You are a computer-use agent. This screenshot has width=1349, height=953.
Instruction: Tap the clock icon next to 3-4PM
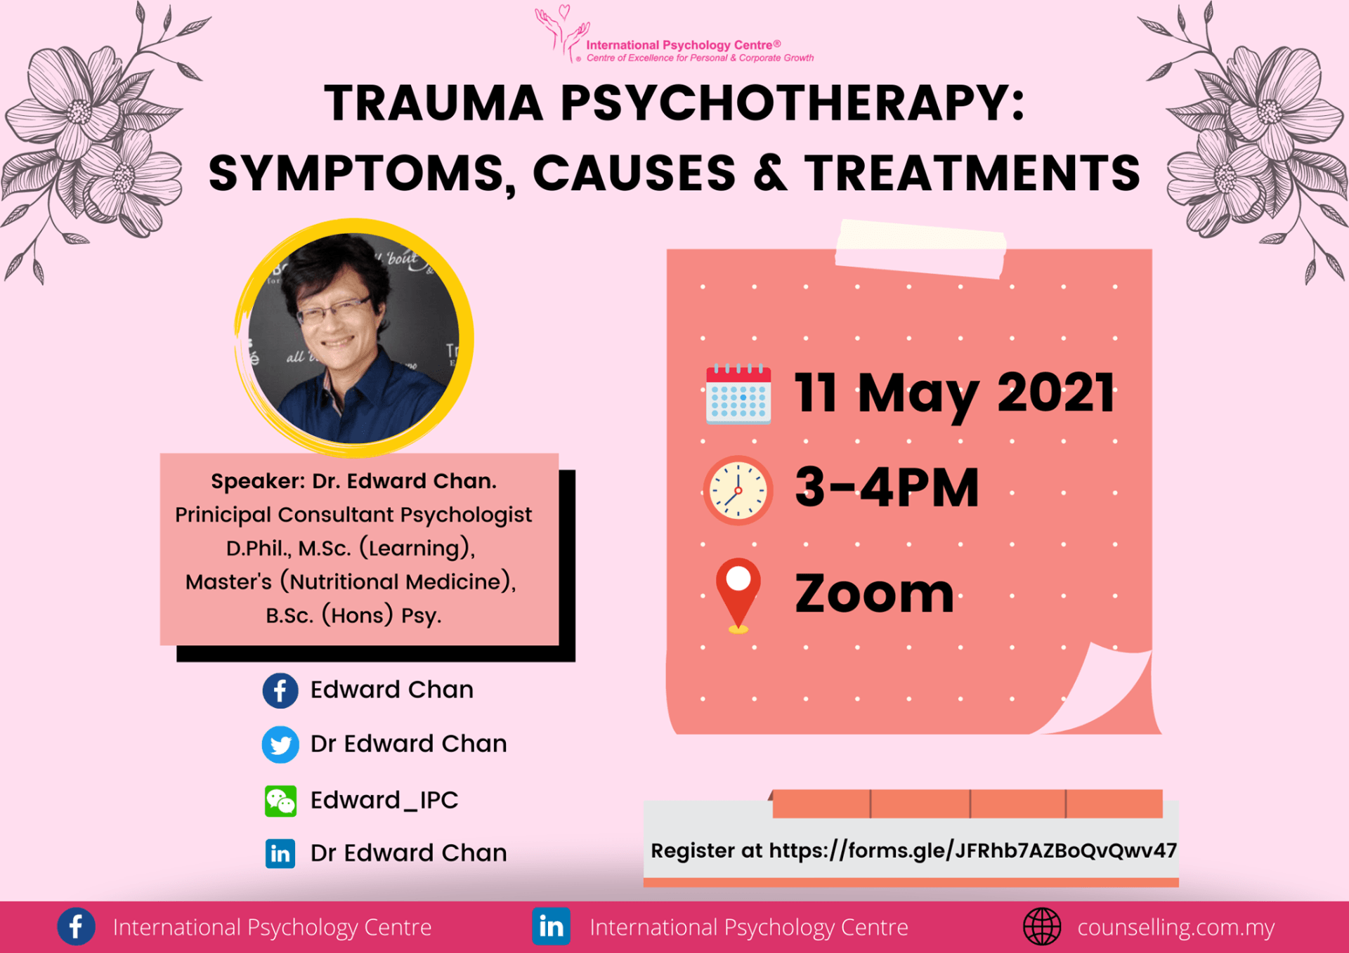pyautogui.click(x=738, y=490)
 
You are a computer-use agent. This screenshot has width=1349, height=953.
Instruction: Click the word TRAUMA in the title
pyautogui.click(x=434, y=104)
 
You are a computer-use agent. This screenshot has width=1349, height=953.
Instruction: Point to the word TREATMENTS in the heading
pyautogui.click(x=972, y=173)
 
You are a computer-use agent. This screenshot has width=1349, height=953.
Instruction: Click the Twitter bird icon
pyautogui.click(x=280, y=744)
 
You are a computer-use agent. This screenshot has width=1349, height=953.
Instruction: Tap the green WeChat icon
pyautogui.click(x=280, y=801)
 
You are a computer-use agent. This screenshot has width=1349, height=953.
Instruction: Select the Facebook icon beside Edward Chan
pyautogui.click(x=280, y=690)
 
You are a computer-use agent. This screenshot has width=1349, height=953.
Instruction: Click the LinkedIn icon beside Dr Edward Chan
pyautogui.click(x=280, y=853)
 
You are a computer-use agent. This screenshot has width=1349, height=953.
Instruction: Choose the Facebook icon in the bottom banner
pyautogui.click(x=76, y=926)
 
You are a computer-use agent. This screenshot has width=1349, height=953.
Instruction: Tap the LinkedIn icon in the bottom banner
pyautogui.click(x=551, y=926)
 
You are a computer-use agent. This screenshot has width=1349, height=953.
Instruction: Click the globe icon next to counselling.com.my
pyautogui.click(x=1042, y=926)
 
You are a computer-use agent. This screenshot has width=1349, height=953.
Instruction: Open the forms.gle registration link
pyautogui.click(x=973, y=851)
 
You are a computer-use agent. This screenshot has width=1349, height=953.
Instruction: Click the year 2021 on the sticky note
pyautogui.click(x=1056, y=393)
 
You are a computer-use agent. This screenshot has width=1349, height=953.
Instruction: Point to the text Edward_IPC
pyautogui.click(x=384, y=800)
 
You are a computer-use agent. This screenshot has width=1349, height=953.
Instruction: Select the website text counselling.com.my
pyautogui.click(x=1176, y=928)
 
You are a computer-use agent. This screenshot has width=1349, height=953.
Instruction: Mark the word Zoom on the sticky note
pyautogui.click(x=874, y=594)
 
